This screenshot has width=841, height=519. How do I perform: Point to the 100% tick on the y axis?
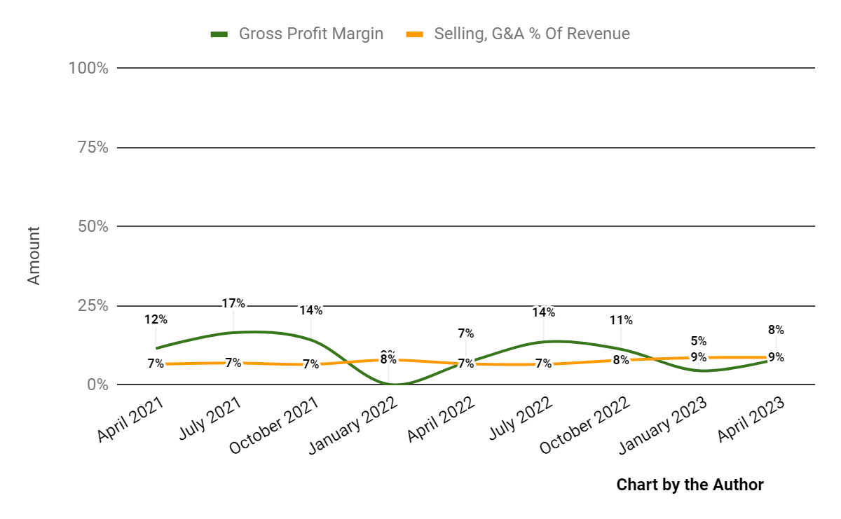[88, 68]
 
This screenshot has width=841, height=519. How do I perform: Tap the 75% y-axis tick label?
[93, 147]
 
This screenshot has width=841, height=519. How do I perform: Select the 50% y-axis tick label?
[93, 226]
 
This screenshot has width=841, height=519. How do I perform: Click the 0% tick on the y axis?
[97, 385]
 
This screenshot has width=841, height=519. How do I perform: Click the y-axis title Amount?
[34, 255]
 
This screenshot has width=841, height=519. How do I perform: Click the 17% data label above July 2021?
[233, 303]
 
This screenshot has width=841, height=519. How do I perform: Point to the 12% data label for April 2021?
[156, 319]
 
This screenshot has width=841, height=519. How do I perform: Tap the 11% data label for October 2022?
[621, 320]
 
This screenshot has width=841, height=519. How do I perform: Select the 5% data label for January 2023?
[698, 341]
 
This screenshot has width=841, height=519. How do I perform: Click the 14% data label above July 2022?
[543, 312]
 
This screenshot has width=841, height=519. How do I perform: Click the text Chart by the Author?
[690, 485]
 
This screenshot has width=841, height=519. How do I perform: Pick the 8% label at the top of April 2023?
[776, 330]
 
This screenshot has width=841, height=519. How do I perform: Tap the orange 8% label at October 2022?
[621, 361]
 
